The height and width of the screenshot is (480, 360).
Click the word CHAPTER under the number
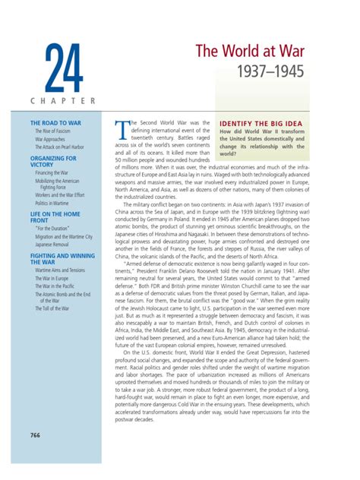pos(62,100)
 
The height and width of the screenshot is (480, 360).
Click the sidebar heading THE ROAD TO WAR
pos(55,122)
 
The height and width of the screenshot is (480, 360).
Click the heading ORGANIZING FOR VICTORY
pos(53,162)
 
